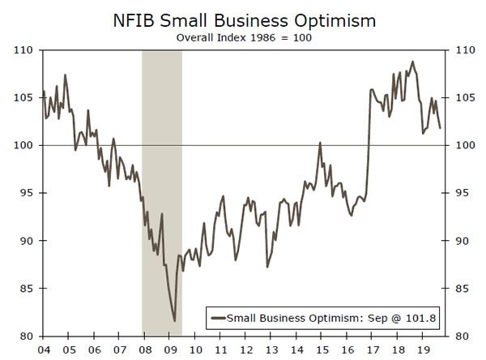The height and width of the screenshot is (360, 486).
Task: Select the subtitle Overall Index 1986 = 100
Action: click(244, 36)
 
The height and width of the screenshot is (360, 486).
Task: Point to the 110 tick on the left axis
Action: click(23, 50)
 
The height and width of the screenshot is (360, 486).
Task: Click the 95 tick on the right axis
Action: click(461, 193)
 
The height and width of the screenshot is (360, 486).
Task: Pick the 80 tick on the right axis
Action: click(461, 336)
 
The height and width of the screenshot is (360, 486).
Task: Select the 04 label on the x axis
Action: click(44, 349)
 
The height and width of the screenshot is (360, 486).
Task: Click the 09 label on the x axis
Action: click(170, 349)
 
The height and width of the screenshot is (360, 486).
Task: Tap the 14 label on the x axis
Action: click(295, 349)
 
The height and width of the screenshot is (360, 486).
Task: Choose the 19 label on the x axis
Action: click(420, 349)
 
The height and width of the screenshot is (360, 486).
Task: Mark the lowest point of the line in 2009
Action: click(175, 321)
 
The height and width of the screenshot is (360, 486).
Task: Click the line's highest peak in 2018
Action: click(412, 62)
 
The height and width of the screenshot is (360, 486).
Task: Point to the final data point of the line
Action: click(440, 128)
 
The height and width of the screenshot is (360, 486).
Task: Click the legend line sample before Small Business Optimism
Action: click(217, 318)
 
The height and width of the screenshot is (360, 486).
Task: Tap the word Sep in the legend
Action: click(374, 318)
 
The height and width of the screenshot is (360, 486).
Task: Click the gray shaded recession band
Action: click(162, 162)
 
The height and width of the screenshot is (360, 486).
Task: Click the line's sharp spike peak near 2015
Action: click(320, 143)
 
